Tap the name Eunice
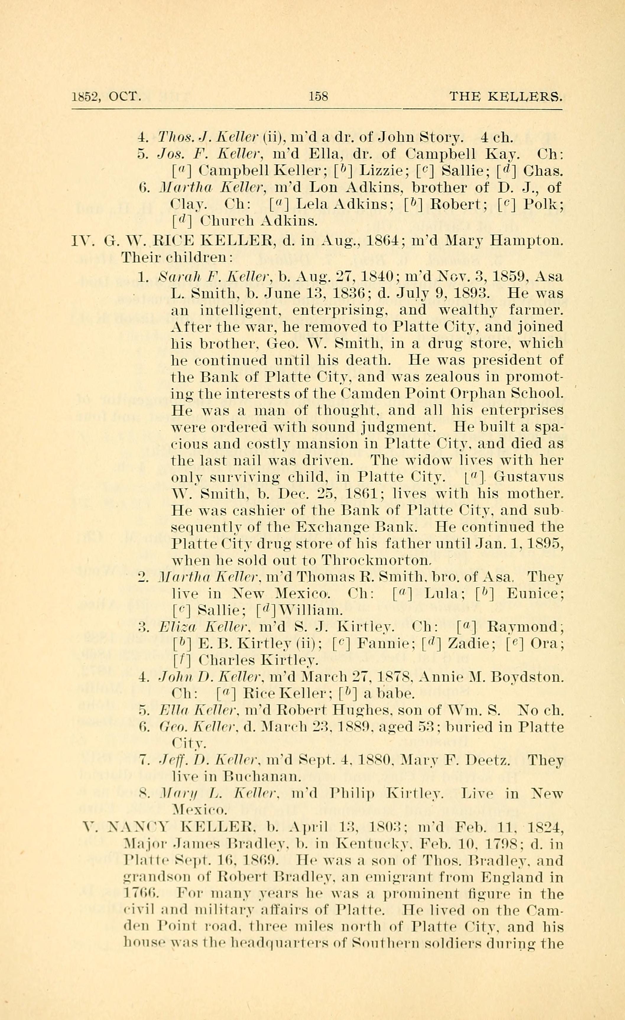click(x=535, y=594)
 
